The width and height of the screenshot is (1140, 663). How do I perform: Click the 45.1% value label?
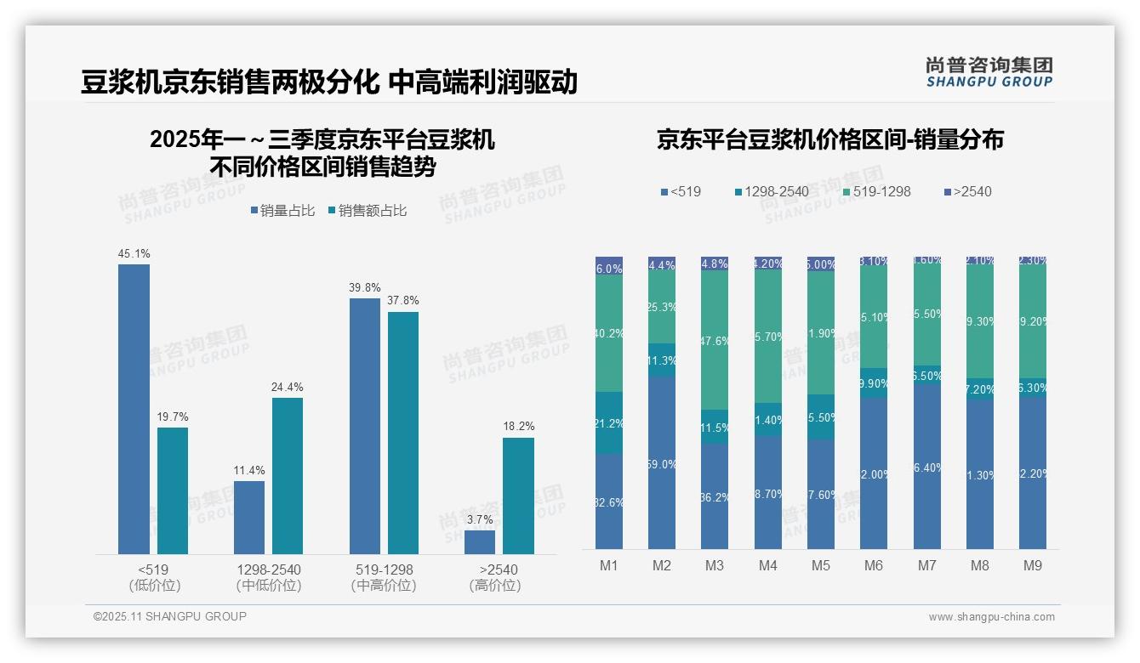tap(134, 253)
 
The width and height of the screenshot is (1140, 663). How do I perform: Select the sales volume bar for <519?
tap(134, 409)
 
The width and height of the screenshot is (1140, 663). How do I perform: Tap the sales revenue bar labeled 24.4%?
tap(288, 476)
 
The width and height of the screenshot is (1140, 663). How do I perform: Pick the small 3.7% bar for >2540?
tap(480, 542)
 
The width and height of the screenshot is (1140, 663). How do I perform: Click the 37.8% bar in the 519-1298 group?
tap(403, 433)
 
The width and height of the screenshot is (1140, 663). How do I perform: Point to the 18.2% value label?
tap(518, 427)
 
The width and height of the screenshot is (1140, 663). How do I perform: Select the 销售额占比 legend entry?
tap(367, 210)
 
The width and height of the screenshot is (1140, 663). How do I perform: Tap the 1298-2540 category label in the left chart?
tap(268, 569)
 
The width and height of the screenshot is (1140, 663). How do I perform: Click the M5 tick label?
tap(820, 565)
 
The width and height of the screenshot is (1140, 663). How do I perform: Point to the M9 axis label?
tap(1033, 565)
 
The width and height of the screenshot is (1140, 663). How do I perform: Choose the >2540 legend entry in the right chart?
tap(967, 191)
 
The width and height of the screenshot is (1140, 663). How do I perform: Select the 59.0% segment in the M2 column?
tap(662, 463)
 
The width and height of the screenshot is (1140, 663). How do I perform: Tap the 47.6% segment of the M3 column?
tap(715, 340)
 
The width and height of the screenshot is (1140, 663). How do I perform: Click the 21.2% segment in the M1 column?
tap(609, 422)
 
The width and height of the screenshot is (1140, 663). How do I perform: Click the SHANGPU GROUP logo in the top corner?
tap(989, 72)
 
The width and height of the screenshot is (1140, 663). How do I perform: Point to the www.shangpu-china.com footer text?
tap(991, 617)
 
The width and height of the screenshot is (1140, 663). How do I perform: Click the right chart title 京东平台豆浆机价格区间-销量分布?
tap(829, 139)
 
